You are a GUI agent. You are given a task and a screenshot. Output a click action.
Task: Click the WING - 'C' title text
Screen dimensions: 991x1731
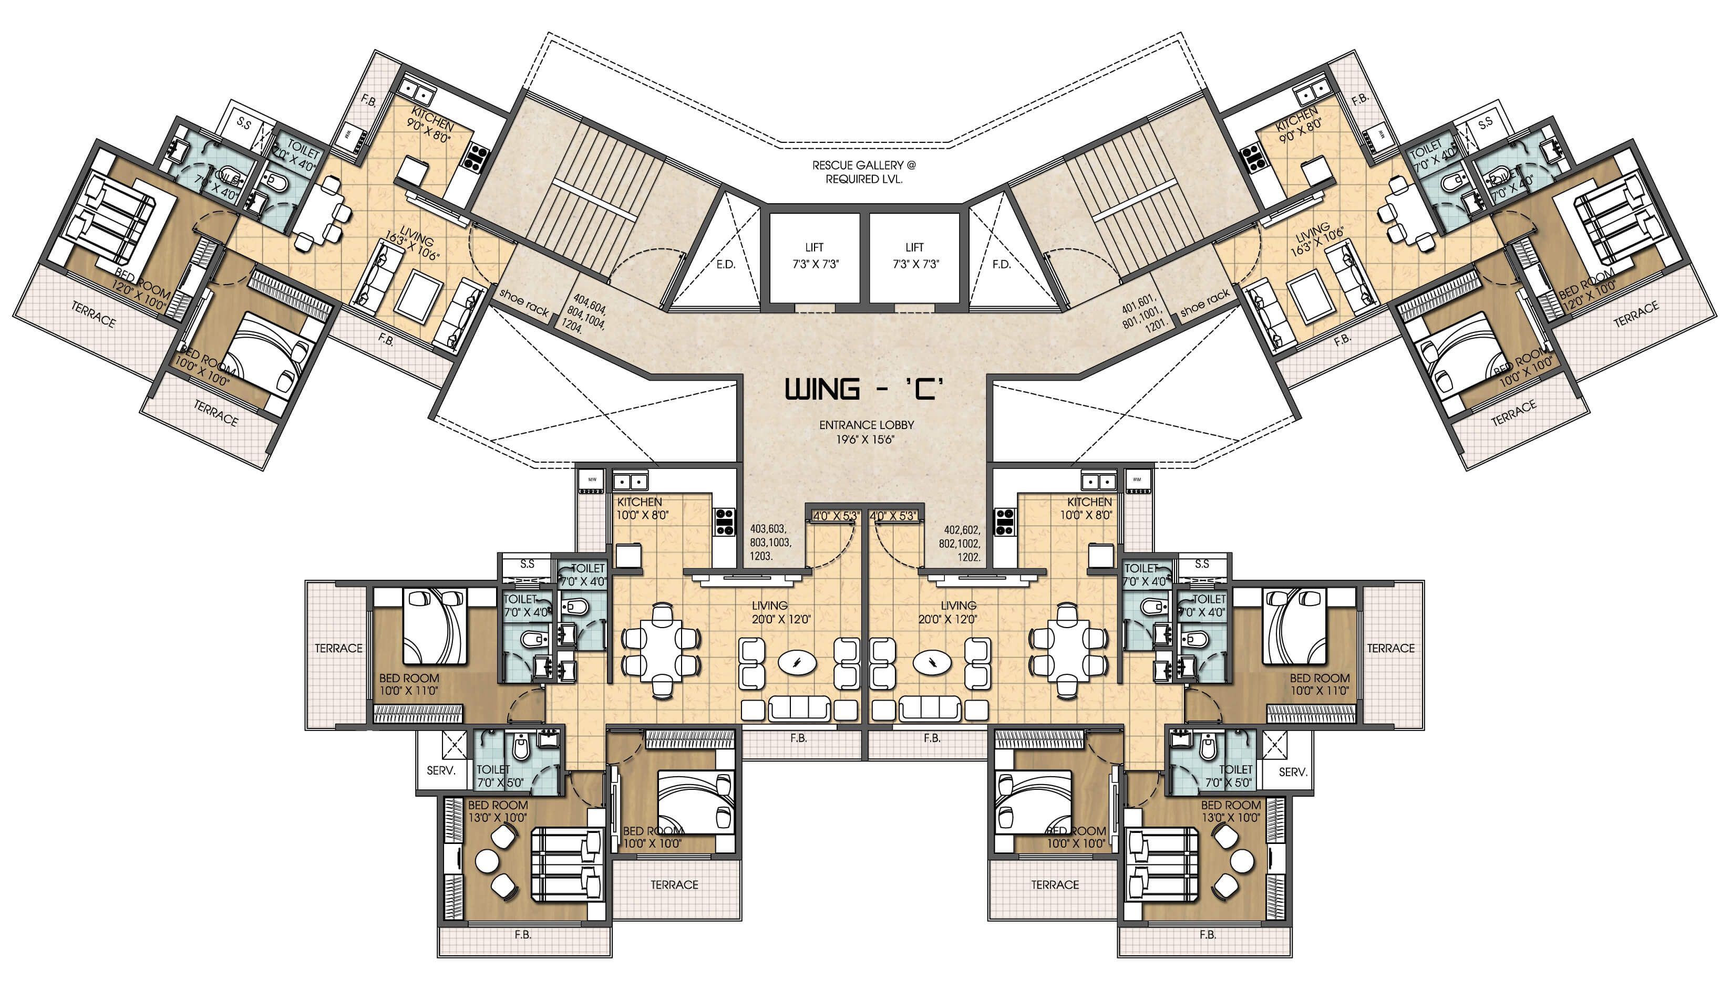click(864, 389)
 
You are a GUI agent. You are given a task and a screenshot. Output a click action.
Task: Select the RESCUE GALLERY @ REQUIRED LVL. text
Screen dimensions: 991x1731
click(863, 172)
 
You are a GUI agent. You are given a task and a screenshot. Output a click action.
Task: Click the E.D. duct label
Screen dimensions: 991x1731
click(726, 265)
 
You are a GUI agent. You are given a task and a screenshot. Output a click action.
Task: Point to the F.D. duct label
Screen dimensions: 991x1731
click(1001, 265)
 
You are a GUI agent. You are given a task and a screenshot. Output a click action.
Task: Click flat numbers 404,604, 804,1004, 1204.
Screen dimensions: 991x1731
click(585, 313)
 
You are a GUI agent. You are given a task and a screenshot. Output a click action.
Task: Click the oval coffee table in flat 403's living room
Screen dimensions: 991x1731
click(797, 662)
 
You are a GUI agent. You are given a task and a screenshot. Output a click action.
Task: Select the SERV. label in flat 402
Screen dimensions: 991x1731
click(1292, 772)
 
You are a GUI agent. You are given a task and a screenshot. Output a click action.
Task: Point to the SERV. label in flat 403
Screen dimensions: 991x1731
click(440, 770)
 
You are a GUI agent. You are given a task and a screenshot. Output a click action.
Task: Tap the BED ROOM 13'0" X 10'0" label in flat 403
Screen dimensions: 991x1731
click(497, 811)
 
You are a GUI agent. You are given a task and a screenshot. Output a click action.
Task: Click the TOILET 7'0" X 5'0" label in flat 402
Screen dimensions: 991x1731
click(1229, 776)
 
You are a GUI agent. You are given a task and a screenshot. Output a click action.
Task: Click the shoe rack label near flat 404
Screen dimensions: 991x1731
click(523, 302)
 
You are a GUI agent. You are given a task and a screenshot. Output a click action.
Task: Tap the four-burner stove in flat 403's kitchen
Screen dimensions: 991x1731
click(725, 521)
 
